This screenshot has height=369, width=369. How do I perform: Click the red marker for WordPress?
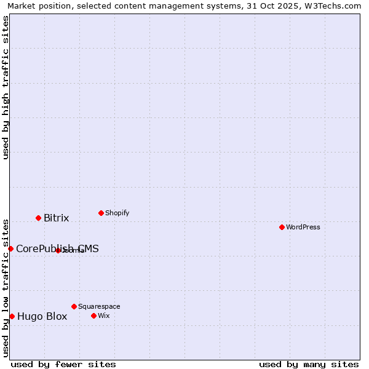tap(282, 227)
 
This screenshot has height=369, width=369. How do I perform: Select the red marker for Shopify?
tap(101, 213)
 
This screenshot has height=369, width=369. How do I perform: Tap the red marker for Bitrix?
tap(38, 218)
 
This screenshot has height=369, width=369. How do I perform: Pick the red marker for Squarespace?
tap(74, 306)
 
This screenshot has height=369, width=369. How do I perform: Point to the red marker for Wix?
tap(93, 315)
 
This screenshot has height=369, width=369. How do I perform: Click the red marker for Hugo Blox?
tap(12, 316)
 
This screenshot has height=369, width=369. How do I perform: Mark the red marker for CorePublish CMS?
tap(10, 248)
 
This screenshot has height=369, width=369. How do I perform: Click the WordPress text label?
tap(303, 227)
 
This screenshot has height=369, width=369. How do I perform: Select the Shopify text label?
tap(117, 213)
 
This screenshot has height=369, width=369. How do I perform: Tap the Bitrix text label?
tap(56, 218)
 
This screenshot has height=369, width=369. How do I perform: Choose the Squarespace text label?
tap(99, 306)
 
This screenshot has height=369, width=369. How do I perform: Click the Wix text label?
tap(103, 315)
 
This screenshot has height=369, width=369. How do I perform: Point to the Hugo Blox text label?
tap(42, 317)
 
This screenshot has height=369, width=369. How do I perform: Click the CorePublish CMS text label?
tap(57, 248)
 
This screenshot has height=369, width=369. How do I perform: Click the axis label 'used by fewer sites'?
tap(63, 364)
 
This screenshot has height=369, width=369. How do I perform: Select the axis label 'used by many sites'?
tap(309, 364)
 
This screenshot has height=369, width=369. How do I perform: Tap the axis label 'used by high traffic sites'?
tap(6, 88)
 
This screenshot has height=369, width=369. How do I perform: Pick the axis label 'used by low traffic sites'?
tap(6, 287)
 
